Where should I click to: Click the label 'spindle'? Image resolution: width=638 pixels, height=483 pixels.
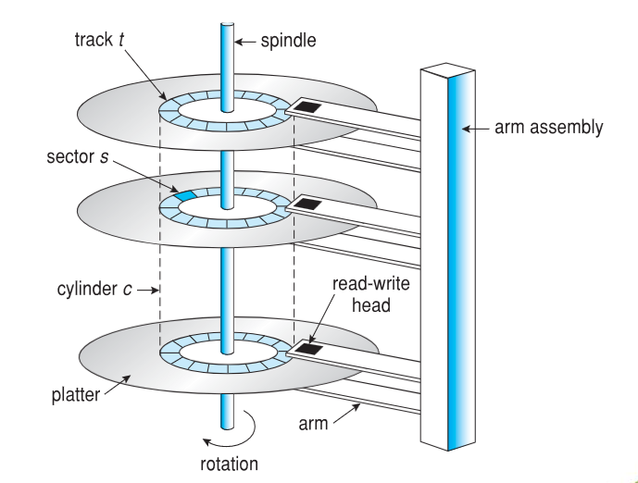click(288, 41)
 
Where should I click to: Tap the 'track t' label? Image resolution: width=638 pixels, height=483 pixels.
click(99, 40)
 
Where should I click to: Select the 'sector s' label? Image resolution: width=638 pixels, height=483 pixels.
click(77, 156)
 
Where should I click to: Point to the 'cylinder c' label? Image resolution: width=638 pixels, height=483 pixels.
click(94, 289)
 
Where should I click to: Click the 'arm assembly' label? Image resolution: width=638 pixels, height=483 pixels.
click(548, 128)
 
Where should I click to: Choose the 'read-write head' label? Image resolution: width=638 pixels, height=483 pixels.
click(370, 294)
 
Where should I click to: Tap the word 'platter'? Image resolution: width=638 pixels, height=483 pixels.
click(76, 395)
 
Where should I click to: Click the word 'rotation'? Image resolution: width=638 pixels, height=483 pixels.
click(229, 464)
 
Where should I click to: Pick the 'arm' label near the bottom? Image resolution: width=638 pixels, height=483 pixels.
click(313, 424)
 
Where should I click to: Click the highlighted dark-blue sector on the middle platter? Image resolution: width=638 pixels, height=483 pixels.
click(185, 195)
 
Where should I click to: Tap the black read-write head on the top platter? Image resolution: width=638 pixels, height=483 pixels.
click(306, 107)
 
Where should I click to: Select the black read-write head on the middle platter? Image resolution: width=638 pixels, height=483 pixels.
click(308, 204)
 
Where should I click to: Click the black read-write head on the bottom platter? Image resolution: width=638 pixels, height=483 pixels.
click(309, 349)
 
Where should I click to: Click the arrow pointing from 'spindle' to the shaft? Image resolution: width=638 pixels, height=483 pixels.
click(245, 42)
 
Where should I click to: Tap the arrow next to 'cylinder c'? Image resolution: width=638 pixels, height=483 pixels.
click(148, 291)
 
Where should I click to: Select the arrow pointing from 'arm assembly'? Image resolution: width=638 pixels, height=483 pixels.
click(476, 129)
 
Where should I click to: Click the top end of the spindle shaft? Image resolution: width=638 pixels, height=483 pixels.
click(228, 24)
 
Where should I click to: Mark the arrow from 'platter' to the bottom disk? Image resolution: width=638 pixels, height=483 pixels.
click(118, 385)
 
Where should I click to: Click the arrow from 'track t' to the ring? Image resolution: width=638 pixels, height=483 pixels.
click(145, 75)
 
